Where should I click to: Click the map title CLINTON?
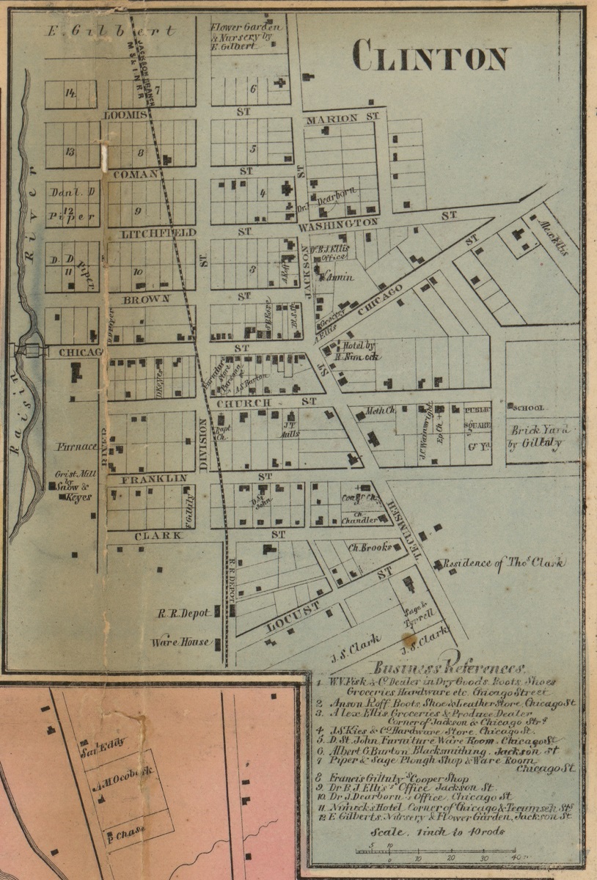coord(431,56)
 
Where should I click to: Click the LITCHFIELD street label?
coord(148,232)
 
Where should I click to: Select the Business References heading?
coord(449,667)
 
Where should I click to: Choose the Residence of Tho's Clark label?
coord(505,563)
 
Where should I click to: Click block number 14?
coord(70,93)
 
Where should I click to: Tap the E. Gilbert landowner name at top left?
coord(110,32)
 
